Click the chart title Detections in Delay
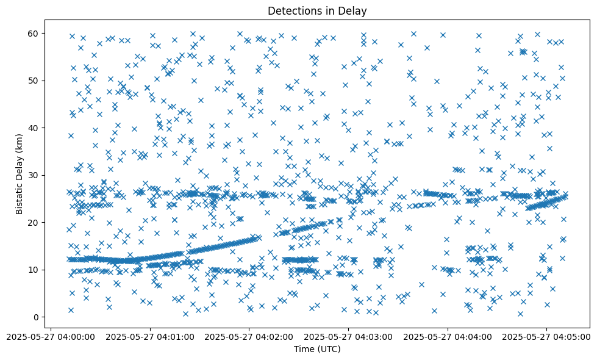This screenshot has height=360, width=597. click(317, 11)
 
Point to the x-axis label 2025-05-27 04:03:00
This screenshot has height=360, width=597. click(349, 336)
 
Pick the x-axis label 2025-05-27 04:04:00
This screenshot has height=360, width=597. click(448, 336)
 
